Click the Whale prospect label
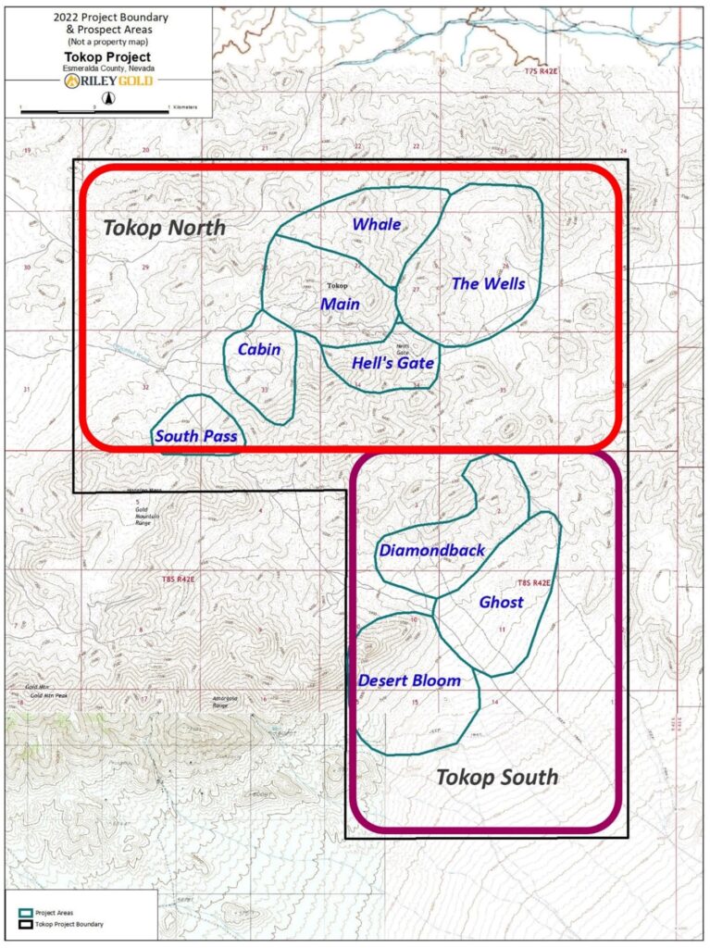(x=376, y=225)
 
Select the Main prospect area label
(x=341, y=304)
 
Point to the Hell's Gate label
(x=392, y=363)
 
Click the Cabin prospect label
(x=259, y=350)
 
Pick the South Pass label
(x=196, y=436)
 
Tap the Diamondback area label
(x=431, y=551)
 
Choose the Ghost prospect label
(x=501, y=603)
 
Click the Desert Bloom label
(x=409, y=681)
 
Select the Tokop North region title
(x=164, y=228)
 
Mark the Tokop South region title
(x=497, y=777)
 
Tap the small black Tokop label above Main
(x=338, y=285)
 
